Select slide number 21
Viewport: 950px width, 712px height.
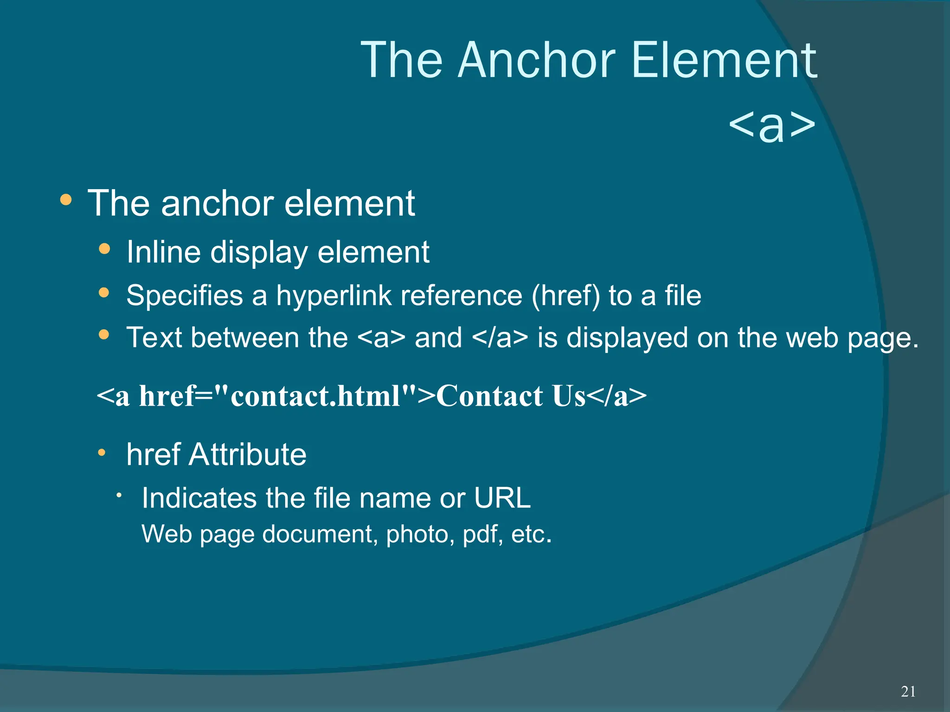point(908,691)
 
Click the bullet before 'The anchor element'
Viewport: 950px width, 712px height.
point(66,200)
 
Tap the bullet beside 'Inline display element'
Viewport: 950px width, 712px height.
point(104,249)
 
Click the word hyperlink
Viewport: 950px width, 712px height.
point(334,295)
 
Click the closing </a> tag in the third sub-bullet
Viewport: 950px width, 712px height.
point(500,337)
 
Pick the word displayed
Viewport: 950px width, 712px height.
point(627,337)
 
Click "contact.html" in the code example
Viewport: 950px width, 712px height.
point(315,396)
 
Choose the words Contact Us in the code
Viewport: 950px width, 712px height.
point(511,396)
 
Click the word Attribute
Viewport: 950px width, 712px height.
point(247,454)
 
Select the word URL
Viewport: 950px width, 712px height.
point(502,498)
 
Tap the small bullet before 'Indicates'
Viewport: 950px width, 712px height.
point(119,496)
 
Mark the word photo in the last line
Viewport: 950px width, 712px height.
point(420,534)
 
